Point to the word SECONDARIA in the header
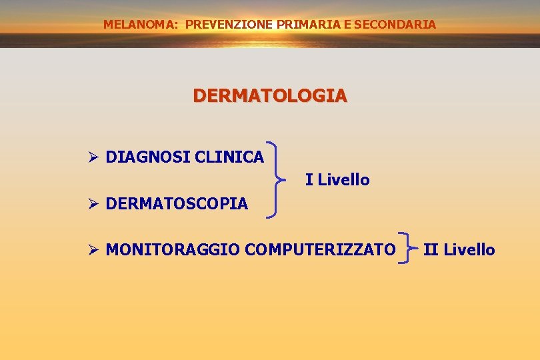tap(395, 25)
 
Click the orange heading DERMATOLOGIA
tap(270, 96)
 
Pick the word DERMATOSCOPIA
tap(177, 203)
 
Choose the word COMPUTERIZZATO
tap(320, 250)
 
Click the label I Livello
tap(337, 180)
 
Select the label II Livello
tap(459, 250)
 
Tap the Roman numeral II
tap(431, 250)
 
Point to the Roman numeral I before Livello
tap(308, 180)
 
